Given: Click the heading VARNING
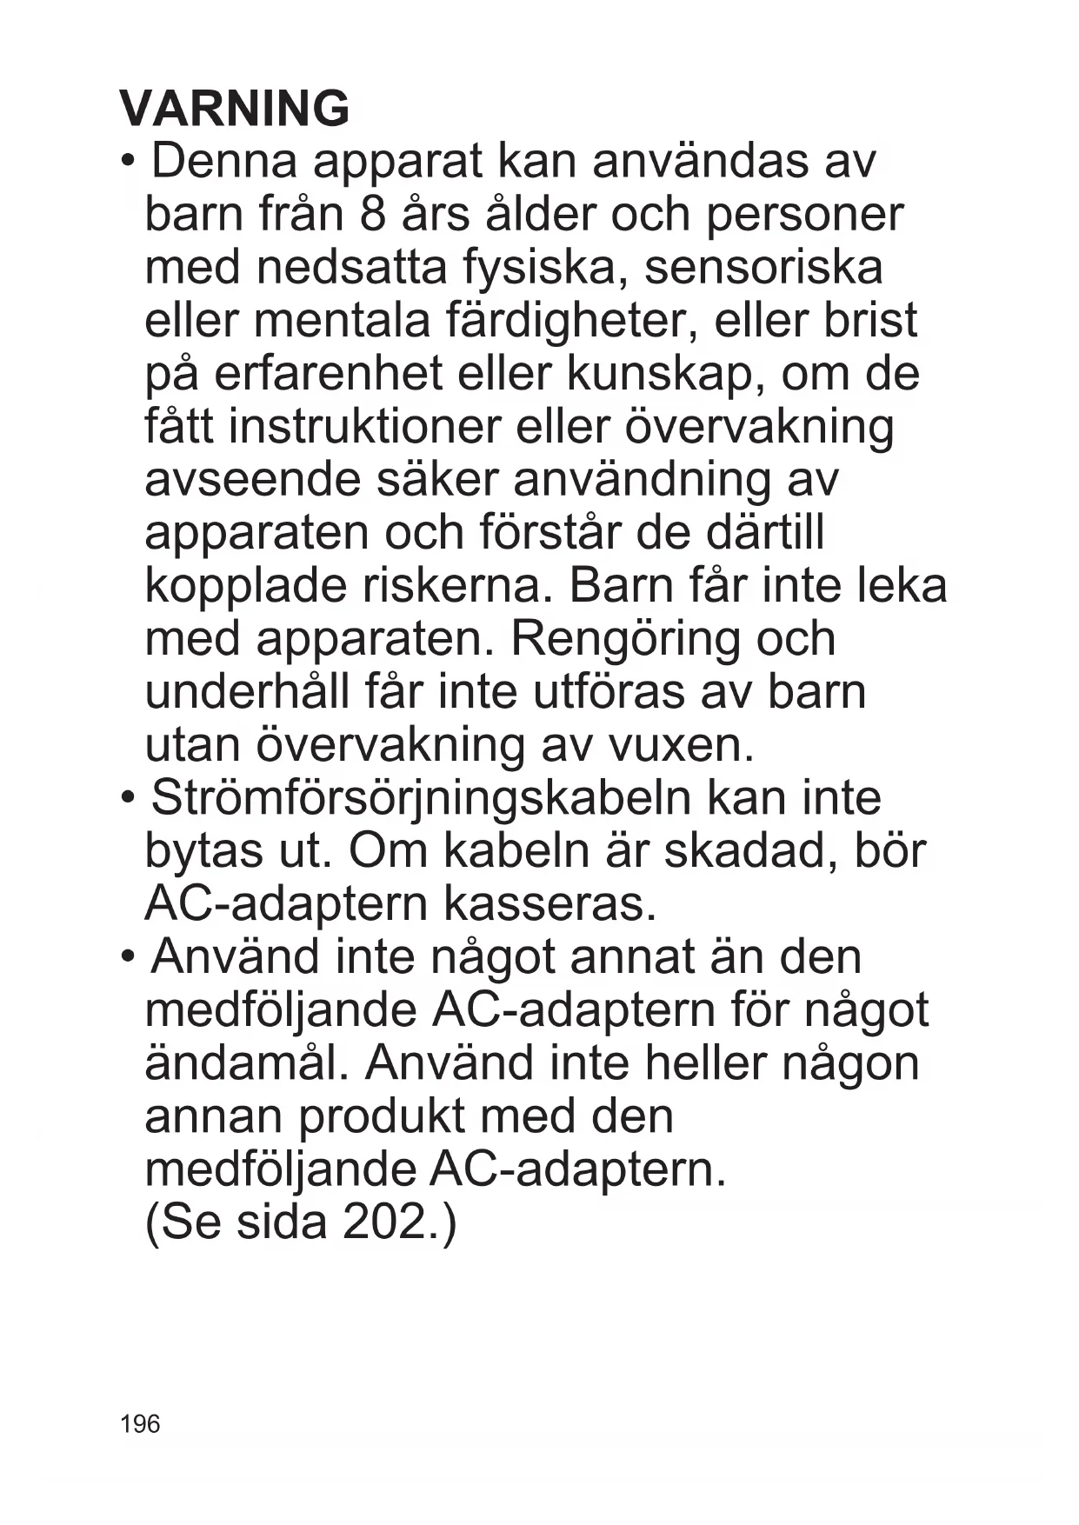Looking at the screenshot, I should point(235,109).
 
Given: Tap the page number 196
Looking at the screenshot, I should point(140,1423).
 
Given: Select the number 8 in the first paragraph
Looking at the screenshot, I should point(371,215).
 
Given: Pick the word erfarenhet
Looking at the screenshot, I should point(328,374).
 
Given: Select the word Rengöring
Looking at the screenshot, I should point(624,639).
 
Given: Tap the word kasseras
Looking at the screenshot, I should point(549,904).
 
